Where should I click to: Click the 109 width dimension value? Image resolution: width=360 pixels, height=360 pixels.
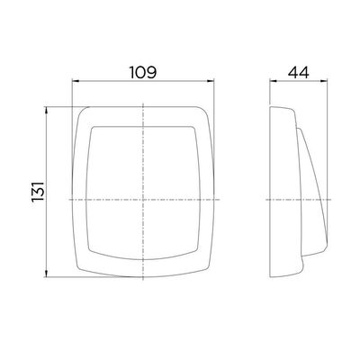143,72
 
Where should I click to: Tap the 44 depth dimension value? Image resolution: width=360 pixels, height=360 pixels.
298,72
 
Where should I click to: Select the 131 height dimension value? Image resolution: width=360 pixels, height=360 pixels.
39,192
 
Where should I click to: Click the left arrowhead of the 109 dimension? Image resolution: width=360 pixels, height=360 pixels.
76,81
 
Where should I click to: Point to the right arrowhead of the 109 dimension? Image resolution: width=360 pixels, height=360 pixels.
211,81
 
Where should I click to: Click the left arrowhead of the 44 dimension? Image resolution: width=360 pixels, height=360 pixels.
273,80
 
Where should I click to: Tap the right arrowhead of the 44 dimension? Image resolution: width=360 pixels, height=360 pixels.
324,80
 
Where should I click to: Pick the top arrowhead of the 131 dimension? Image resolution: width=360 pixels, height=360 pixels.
46,111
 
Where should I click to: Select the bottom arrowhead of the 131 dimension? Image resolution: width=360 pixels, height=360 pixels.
46,274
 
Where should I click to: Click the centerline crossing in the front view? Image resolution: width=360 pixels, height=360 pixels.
143,200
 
